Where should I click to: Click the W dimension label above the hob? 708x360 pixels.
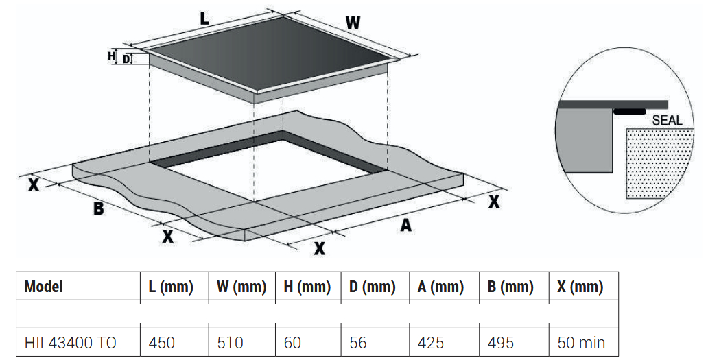click(353, 23)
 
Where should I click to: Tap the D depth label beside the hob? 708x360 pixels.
click(126, 59)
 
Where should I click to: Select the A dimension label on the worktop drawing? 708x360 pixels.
click(406, 225)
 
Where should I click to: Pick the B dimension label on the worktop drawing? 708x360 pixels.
click(98, 208)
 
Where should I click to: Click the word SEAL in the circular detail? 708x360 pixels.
click(668, 120)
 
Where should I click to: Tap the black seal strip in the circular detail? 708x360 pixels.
click(629, 111)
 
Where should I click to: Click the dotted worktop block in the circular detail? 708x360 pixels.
click(660, 164)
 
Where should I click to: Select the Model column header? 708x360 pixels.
click(43, 287)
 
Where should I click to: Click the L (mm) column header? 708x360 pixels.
click(171, 287)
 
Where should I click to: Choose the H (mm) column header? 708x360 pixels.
click(307, 287)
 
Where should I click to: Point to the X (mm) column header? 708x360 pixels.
click(580, 287)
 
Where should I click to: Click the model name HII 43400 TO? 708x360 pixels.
click(71, 343)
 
